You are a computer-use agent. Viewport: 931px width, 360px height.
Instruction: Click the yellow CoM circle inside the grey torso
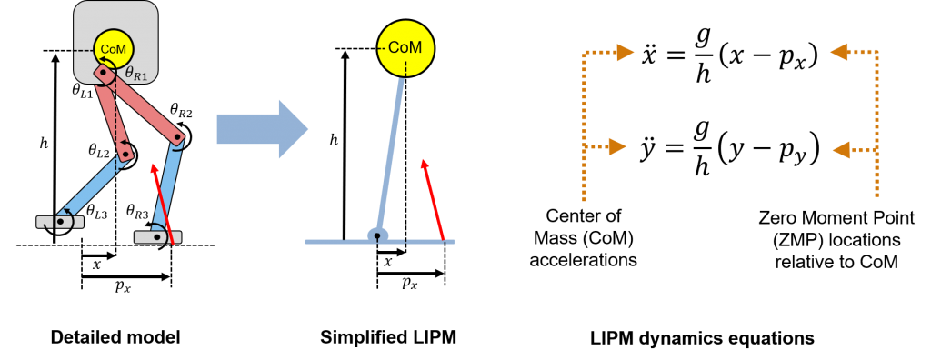114,48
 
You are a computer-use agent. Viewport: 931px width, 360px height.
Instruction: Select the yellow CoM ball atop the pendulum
405,47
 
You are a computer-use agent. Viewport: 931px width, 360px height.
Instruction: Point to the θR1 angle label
135,75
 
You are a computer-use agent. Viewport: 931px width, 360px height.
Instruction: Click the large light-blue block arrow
262,129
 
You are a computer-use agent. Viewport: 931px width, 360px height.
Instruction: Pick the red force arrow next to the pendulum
433,200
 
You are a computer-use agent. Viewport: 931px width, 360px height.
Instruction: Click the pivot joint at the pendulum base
377,235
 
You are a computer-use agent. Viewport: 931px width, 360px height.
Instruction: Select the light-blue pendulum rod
390,155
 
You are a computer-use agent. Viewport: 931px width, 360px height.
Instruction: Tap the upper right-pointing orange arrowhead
625,52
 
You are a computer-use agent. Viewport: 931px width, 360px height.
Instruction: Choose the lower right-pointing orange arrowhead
617,146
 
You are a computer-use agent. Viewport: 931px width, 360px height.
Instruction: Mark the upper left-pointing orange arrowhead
839,52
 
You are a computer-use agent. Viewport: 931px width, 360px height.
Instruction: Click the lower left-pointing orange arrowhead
842,149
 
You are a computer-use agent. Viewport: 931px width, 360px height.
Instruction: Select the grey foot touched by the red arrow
157,237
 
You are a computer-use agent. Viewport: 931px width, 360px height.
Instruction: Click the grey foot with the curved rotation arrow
60,222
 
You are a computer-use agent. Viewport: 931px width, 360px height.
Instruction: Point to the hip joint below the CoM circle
103,73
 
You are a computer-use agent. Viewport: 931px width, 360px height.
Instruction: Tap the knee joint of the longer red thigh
177,139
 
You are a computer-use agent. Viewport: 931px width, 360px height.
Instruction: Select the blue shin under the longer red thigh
167,186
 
